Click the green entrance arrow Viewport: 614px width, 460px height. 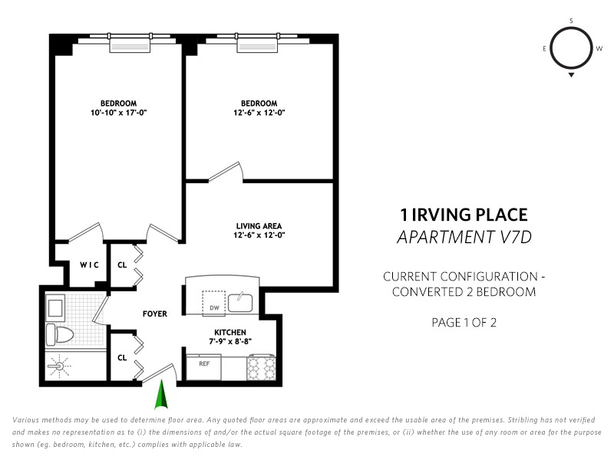[161, 394]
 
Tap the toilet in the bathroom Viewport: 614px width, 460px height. [60, 334]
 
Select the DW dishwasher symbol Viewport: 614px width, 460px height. [214, 302]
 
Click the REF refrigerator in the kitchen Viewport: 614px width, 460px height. [203, 367]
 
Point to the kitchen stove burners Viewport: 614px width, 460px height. [262, 367]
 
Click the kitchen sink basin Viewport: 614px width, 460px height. [240, 303]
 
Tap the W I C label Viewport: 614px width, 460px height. [89, 264]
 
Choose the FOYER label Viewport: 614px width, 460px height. [155, 314]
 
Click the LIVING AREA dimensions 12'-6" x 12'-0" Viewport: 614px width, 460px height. [259, 235]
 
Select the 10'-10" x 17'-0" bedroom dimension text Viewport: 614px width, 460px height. [119, 113]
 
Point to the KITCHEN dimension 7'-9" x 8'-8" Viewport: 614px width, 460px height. [230, 341]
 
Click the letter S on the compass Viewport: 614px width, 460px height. [571, 21]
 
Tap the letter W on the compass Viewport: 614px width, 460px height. [599, 49]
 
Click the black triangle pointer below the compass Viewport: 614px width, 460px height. [571, 74]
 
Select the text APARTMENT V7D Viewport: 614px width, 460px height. [464, 237]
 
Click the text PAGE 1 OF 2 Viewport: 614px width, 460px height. [464, 323]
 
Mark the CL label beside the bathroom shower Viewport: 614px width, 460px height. [122, 358]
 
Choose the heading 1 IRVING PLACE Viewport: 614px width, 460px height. [464, 215]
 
